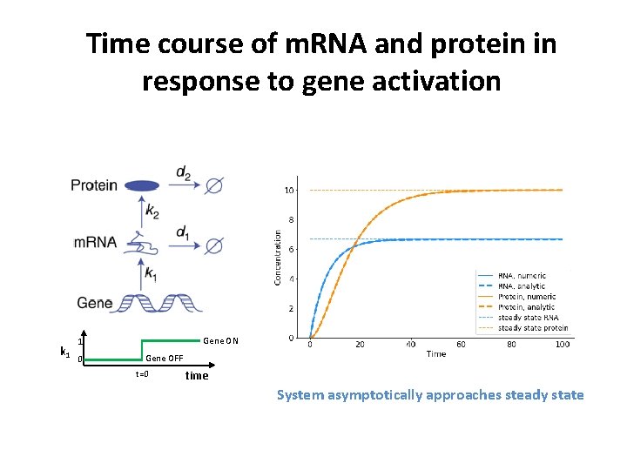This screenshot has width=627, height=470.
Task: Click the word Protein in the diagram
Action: coord(93,185)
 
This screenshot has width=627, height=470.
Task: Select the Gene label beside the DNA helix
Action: coord(94,303)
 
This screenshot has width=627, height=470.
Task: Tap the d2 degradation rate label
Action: coord(184,174)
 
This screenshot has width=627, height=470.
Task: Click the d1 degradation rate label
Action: coord(183,232)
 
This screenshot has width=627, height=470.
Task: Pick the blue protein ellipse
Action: coord(143,185)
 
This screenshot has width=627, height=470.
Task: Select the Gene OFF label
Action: coord(164,359)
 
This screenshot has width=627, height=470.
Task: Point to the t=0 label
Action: coord(142,375)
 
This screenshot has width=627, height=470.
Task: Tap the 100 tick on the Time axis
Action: coord(563,345)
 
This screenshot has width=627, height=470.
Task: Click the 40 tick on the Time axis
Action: coord(410,345)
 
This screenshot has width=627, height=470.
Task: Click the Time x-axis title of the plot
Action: coord(436,354)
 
